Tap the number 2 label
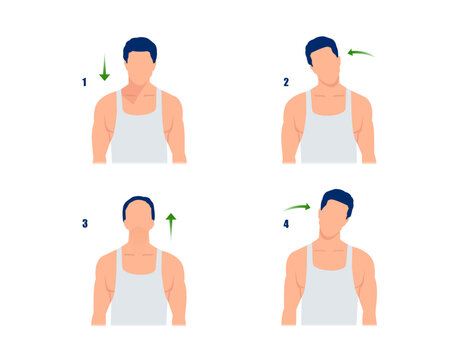coord(286,82)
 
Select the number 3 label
coord(85,224)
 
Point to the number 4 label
coord(286,224)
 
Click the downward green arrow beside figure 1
coord(104,68)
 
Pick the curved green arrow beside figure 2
coord(360,52)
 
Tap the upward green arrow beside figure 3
coord(171,224)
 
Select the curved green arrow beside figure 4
coord(297,207)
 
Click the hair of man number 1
coord(140,46)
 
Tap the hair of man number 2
coord(322,45)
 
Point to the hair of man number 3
coord(139,204)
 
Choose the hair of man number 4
coord(337,199)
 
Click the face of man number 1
coord(140,68)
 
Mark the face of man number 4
coord(329,221)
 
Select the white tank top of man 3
coord(139,295)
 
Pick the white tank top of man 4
coord(328,295)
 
